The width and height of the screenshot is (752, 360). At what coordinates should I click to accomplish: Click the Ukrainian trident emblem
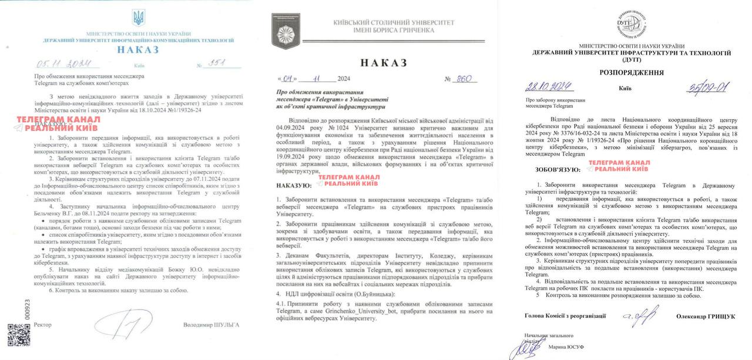pyautogui.click(x=138, y=18)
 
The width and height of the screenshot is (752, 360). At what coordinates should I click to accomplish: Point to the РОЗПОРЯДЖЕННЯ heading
pyautogui.click(x=632, y=72)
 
